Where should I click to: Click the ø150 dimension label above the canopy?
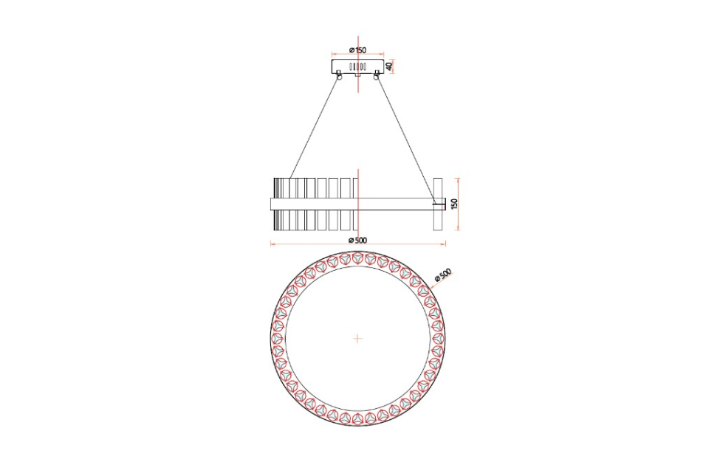tap(357, 50)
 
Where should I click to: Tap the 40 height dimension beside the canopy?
tap(389, 66)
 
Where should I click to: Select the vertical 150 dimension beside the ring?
tap(455, 204)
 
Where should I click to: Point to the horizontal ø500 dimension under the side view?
tap(357, 240)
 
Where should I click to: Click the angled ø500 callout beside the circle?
tap(443, 275)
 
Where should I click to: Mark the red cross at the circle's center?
tap(357, 339)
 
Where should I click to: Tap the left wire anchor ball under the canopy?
tap(340, 77)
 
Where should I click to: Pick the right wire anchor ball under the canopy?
tap(377, 77)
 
